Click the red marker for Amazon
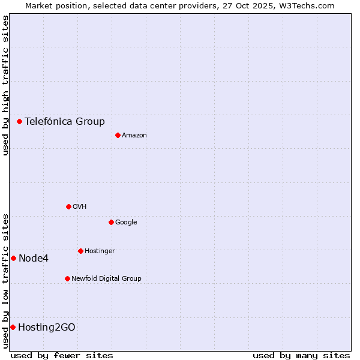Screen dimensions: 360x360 [x=118, y=135]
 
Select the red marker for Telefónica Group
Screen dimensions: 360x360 [x=19, y=121]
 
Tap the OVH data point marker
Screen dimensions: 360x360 [x=68, y=206]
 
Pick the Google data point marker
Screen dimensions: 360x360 [x=111, y=222]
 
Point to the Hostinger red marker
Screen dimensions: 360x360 [x=80, y=251]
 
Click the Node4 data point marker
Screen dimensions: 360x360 [x=13, y=258]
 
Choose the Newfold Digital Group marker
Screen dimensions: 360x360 [x=67, y=278]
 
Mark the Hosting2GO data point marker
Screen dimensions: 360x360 [x=13, y=327]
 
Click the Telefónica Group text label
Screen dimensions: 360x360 [x=65, y=121]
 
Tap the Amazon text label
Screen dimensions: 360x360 [x=134, y=135]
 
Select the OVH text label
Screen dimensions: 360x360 [x=80, y=206]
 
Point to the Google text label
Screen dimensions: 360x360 [x=126, y=222]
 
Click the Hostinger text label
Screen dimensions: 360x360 [x=100, y=251]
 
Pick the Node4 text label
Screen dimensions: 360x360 [x=34, y=258]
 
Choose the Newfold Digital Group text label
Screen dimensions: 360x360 [x=106, y=278]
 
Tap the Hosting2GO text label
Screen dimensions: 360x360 [x=47, y=327]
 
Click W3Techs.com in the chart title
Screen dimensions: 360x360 [x=310, y=5]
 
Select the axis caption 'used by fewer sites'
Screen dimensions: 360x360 [x=62, y=355]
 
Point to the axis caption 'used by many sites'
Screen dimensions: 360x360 [x=301, y=355]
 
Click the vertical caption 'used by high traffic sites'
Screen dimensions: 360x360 [x=5, y=85]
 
